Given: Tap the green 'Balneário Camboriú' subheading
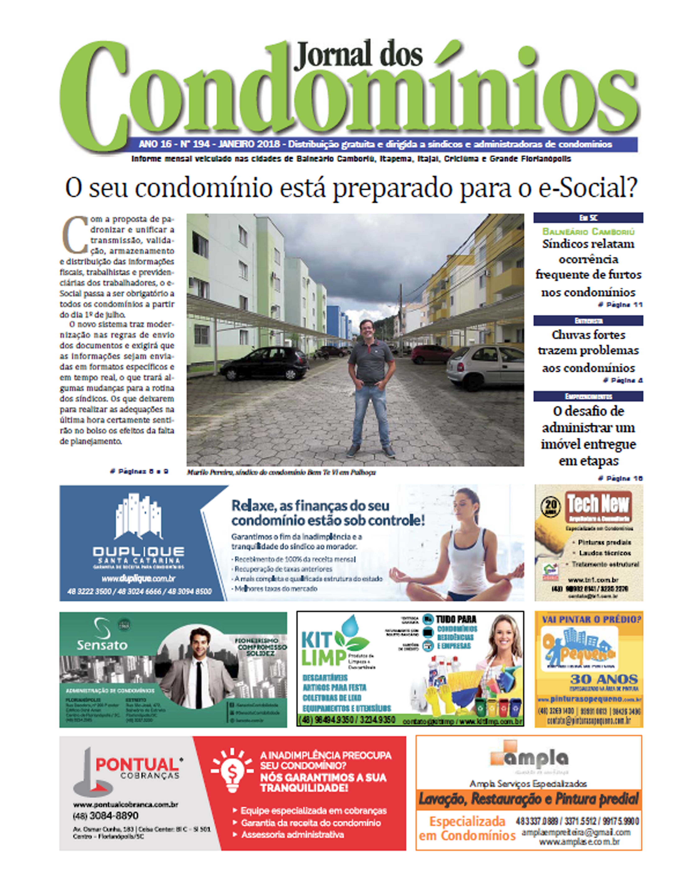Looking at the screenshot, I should coord(588,232).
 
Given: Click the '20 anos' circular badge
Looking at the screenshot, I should coord(551,507).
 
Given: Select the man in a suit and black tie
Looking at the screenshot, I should coord(198,671).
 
